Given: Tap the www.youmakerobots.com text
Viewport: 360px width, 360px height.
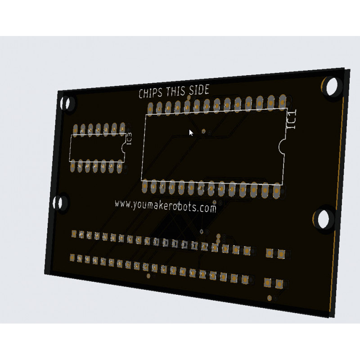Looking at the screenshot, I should tap(166, 206).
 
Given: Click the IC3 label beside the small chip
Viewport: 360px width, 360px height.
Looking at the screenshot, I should tap(130, 139).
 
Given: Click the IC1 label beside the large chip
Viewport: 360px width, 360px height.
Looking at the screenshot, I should tap(292, 121).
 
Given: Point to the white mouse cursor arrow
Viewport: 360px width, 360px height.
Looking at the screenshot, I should tap(191, 133).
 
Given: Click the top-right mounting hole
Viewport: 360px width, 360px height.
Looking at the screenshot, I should tap(333, 87).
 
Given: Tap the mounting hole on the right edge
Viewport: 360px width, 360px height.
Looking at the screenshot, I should tap(323, 219).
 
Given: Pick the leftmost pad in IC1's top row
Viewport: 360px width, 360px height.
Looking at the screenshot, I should tap(150, 108).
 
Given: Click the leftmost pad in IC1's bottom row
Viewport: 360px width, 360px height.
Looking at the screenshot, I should tap(144, 186).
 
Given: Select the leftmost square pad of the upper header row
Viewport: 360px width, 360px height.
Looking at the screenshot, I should tap(74, 234).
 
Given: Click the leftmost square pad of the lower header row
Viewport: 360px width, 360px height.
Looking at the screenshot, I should tap(72, 257).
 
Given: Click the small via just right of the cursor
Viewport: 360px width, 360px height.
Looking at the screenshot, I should tap(204, 131).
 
